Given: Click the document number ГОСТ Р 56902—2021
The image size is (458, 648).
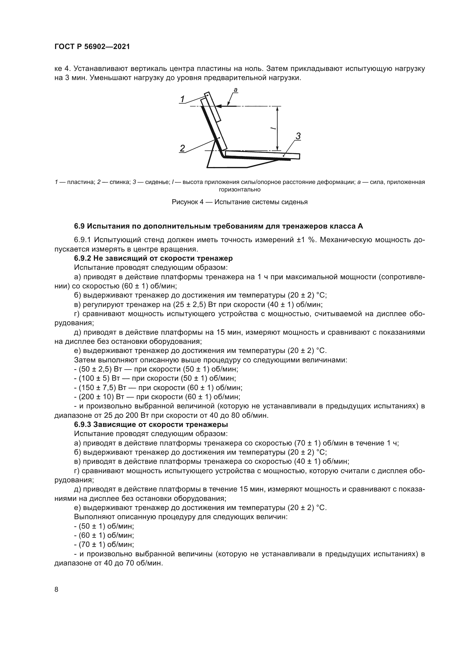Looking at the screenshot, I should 92,47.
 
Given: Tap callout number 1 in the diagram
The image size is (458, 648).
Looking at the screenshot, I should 182,99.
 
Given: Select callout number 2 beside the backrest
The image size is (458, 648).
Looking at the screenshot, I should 182,148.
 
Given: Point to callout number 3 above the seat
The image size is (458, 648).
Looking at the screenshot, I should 298,136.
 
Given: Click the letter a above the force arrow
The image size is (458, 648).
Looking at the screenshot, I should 235,90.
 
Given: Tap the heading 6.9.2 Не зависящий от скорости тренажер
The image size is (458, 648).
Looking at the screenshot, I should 153,258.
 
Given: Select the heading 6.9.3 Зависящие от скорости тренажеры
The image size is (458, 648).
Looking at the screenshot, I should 151,424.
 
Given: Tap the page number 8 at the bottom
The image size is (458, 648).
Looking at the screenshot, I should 56,590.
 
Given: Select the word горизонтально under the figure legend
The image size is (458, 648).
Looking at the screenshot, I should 240,190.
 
